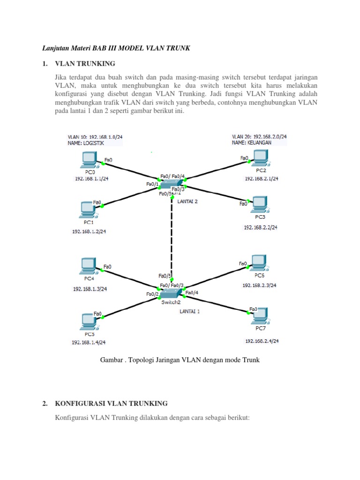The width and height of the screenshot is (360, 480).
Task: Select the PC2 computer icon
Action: point(259,158)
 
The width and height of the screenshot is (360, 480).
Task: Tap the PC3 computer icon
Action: point(259,202)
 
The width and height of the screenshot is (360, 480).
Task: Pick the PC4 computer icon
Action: point(88,266)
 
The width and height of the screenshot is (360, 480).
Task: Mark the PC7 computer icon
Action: point(259,315)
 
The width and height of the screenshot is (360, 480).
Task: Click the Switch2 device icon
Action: point(169,293)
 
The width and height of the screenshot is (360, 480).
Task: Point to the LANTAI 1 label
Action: point(189,311)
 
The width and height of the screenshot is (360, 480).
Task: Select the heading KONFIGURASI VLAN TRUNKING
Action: point(111,403)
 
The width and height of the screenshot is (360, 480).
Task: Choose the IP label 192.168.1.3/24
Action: point(90,289)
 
